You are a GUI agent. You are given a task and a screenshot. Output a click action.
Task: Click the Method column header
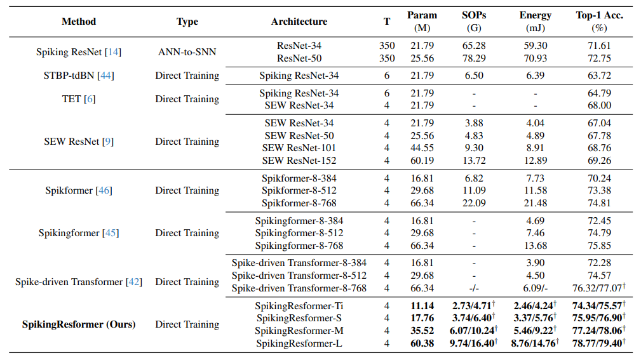point(79,22)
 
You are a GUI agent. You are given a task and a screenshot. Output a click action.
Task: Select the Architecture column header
point(299,22)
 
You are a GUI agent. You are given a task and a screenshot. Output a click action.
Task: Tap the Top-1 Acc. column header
point(599,22)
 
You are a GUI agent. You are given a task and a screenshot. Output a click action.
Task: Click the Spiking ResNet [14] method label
point(70,52)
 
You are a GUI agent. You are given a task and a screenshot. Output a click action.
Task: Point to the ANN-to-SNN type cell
point(187,52)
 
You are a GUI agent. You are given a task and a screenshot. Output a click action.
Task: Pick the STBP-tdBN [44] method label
point(70,76)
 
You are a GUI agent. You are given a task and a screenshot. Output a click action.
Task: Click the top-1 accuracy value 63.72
point(599,76)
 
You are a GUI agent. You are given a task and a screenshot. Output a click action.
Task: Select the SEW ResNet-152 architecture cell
point(299,161)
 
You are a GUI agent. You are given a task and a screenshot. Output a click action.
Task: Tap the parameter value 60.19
point(422,161)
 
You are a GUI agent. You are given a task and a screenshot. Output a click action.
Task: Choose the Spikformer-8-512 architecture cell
point(299,190)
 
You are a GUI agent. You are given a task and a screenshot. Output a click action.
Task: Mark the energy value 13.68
point(535,246)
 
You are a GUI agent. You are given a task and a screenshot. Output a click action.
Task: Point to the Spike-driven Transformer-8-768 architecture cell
point(299,288)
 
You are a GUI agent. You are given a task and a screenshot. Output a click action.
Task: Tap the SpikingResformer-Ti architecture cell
point(299,306)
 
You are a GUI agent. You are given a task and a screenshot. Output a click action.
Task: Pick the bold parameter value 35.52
point(422,331)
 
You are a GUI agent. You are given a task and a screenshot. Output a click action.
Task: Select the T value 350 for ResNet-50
point(387,58)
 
